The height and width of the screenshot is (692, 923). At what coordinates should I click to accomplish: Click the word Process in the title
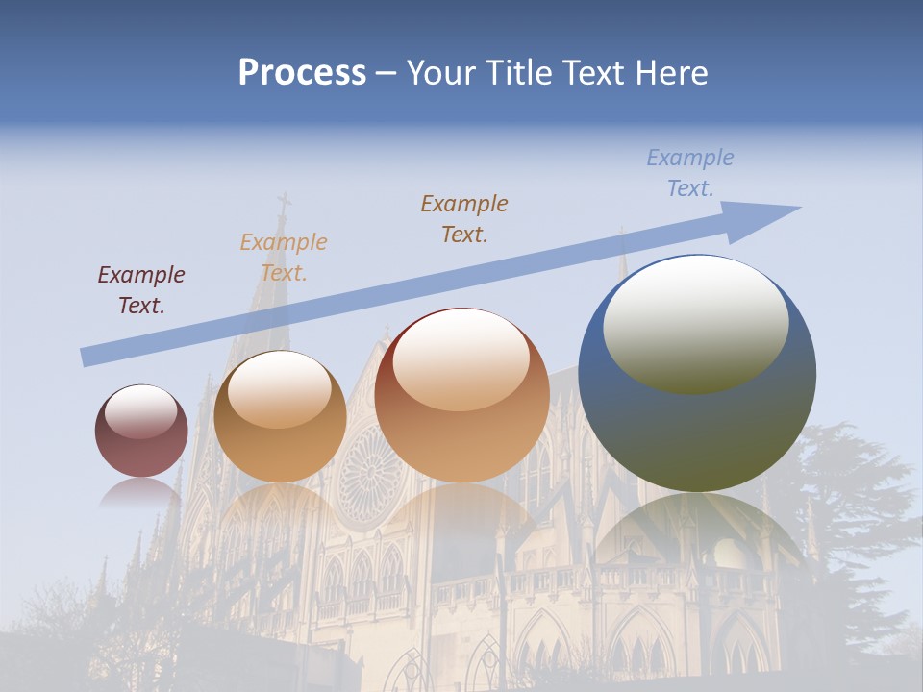point(302,73)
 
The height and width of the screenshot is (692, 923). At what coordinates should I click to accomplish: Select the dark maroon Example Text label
point(141,289)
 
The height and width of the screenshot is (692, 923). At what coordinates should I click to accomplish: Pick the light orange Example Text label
point(284,257)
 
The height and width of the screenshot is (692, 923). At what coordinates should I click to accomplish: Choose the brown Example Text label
point(464,218)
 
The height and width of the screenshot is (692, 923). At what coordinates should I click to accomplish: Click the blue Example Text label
point(690,173)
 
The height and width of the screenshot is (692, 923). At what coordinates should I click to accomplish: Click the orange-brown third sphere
point(461,423)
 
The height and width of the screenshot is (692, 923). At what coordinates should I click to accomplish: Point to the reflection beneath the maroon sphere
point(140,494)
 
